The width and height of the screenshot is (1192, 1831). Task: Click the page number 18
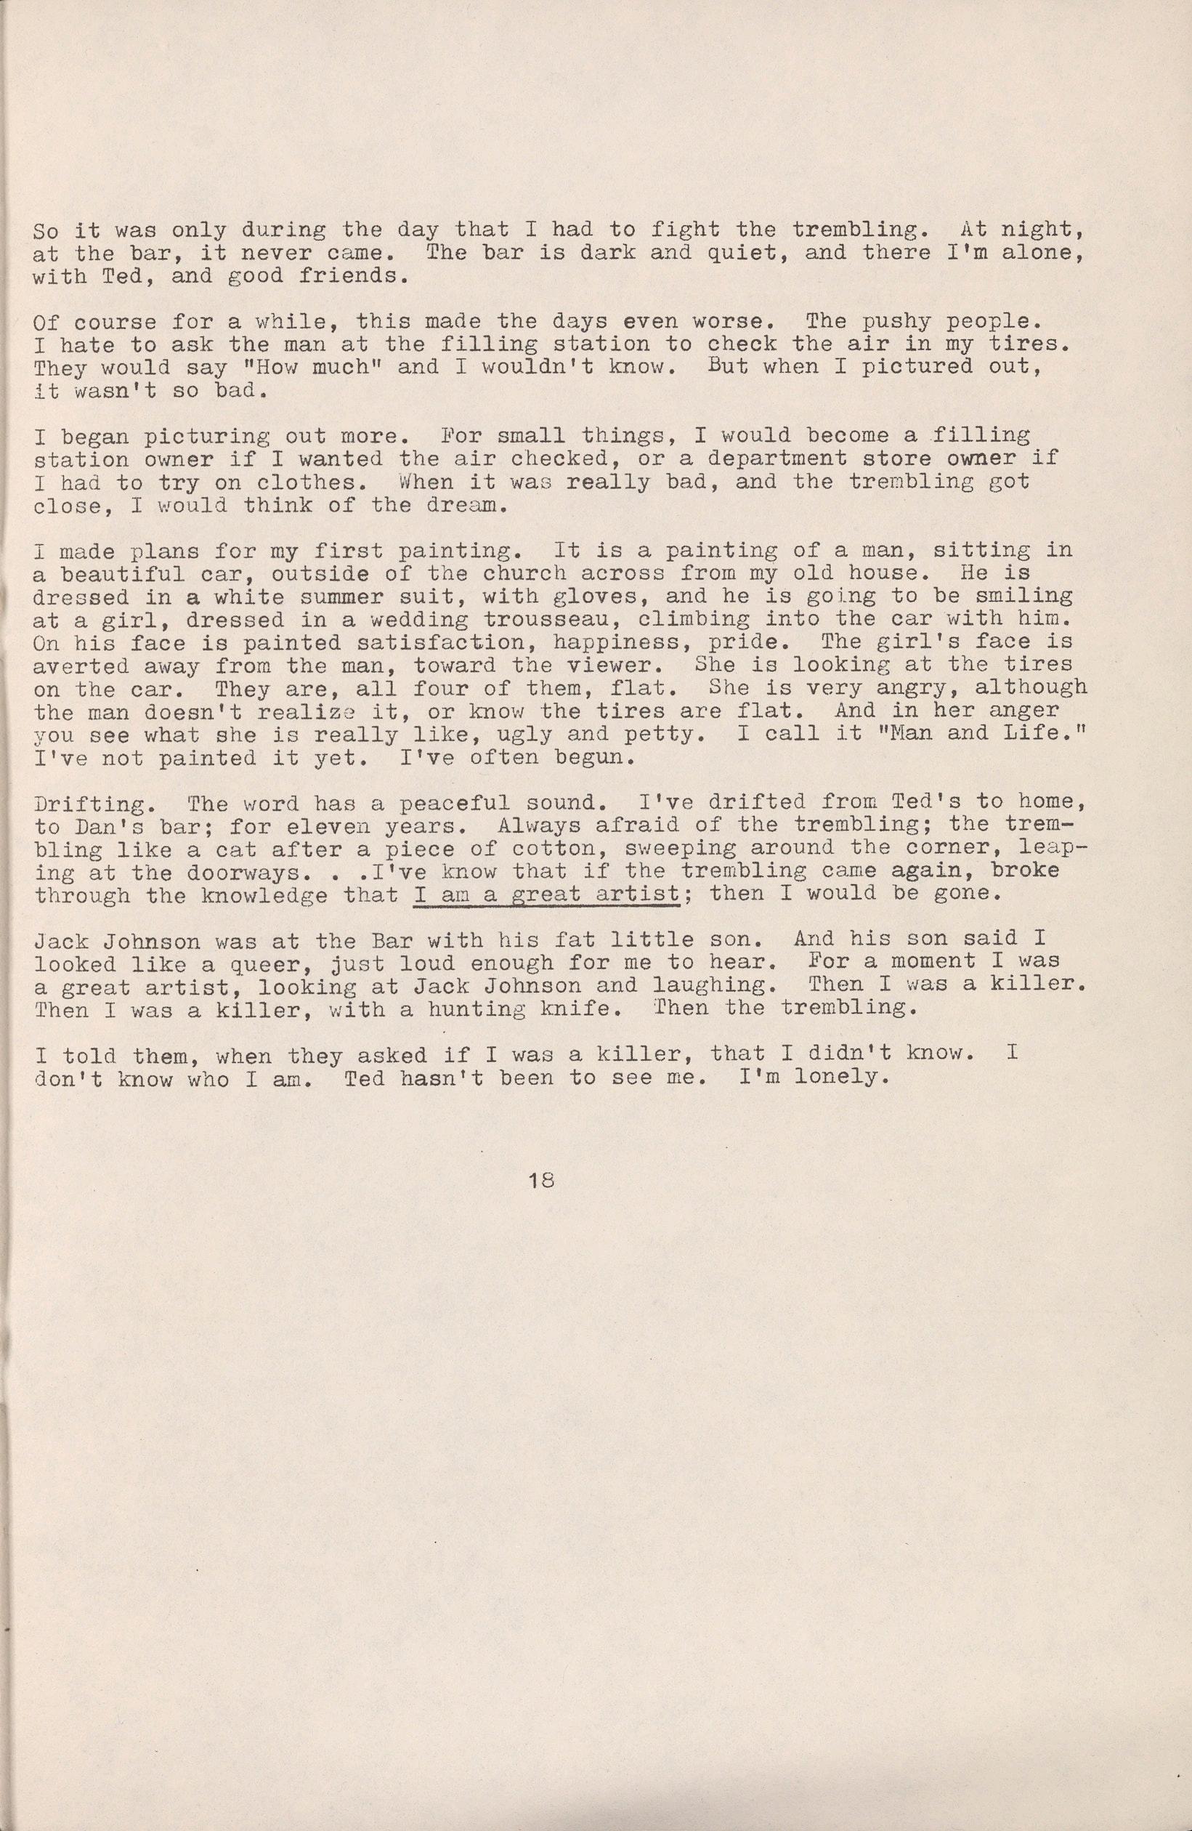pyautogui.click(x=537, y=1202)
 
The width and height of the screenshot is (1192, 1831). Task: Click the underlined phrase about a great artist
pyautogui.click(x=548, y=894)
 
